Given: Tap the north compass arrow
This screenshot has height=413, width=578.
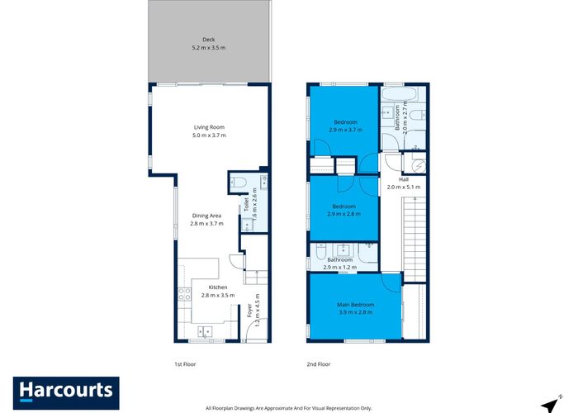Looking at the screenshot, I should click(547, 402).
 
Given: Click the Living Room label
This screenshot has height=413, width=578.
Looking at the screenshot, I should click(209, 127).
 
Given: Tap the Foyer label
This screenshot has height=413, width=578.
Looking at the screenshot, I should click(249, 311).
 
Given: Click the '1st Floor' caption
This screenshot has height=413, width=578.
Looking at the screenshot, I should click(185, 363).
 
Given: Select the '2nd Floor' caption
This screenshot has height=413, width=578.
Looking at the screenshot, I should click(320, 363).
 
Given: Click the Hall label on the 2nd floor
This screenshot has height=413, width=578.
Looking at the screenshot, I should click(404, 179).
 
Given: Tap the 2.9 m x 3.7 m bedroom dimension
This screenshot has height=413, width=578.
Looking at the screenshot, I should click(345, 130).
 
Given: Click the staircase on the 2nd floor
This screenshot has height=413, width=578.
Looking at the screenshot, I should click(412, 240).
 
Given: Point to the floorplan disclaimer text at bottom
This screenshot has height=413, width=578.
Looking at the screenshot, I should click(289, 407).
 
